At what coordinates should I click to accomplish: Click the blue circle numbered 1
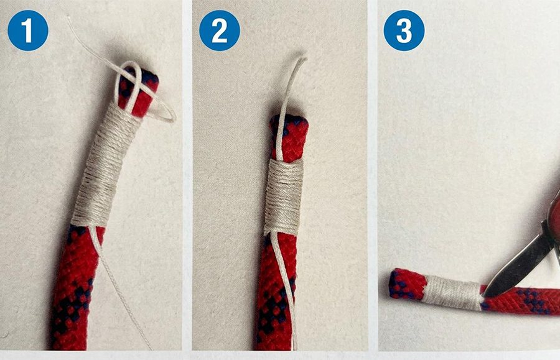[28, 30]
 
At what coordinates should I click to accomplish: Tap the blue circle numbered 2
[220, 30]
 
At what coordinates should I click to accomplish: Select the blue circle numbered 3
[404, 30]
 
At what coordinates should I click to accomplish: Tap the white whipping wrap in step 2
[284, 197]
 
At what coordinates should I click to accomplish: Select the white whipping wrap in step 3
[452, 292]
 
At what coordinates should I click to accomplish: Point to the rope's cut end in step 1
[147, 76]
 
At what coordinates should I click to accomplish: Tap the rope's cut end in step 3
[393, 284]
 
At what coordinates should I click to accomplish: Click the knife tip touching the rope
[485, 295]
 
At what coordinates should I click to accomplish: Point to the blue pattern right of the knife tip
[532, 300]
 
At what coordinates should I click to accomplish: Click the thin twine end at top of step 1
[68, 18]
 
